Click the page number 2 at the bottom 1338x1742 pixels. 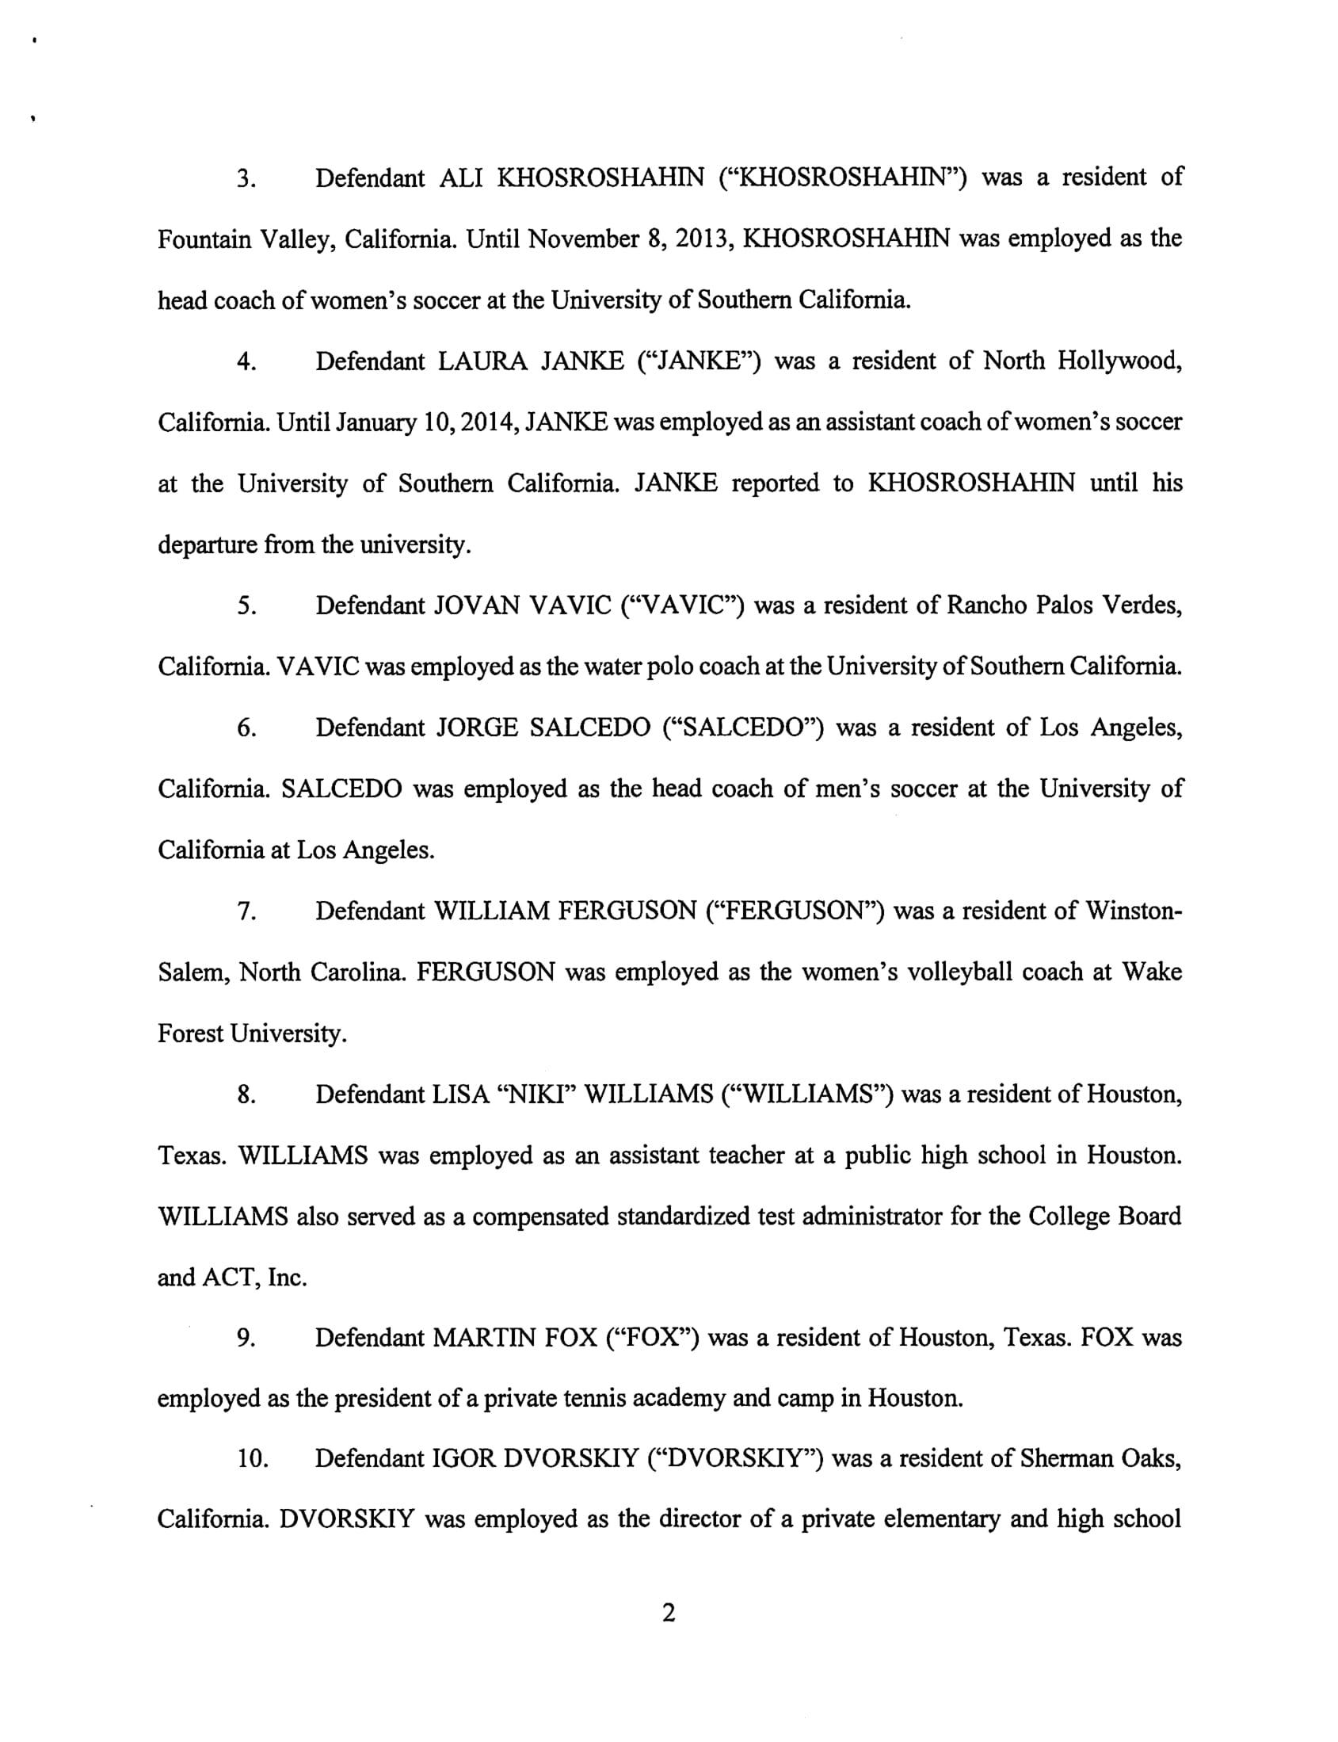click(668, 1613)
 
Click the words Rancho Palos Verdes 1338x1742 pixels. click(1064, 606)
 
